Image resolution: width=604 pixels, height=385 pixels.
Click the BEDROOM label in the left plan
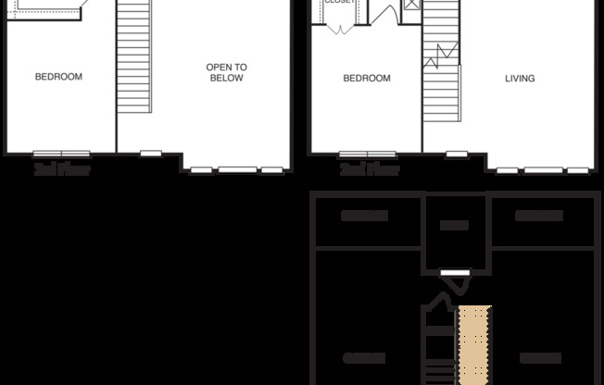pyautogui.click(x=58, y=77)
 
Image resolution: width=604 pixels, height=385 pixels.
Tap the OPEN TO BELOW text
pyautogui.click(x=225, y=72)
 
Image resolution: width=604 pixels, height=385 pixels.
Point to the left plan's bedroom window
pyautogui.click(x=62, y=154)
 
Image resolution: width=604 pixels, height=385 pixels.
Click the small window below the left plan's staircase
pyautogui.click(x=150, y=153)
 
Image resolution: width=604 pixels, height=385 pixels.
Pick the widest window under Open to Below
pyautogui.click(x=238, y=169)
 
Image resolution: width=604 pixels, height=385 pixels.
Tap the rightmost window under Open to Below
pyautogui.click(x=271, y=169)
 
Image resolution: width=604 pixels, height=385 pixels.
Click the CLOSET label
pyautogui.click(x=338, y=3)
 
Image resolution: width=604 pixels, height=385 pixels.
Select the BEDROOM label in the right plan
pyautogui.click(x=366, y=79)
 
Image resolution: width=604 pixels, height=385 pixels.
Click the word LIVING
pyautogui.click(x=520, y=79)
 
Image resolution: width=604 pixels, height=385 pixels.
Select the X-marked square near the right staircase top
pyautogui.click(x=411, y=6)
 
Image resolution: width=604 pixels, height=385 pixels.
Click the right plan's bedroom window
pyautogui.click(x=367, y=154)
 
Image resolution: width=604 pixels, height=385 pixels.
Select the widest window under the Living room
pyautogui.click(x=543, y=169)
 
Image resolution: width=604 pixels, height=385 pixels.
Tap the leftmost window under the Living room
pyautogui.click(x=507, y=169)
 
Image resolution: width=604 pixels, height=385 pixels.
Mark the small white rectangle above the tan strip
pyautogui.click(x=453, y=271)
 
